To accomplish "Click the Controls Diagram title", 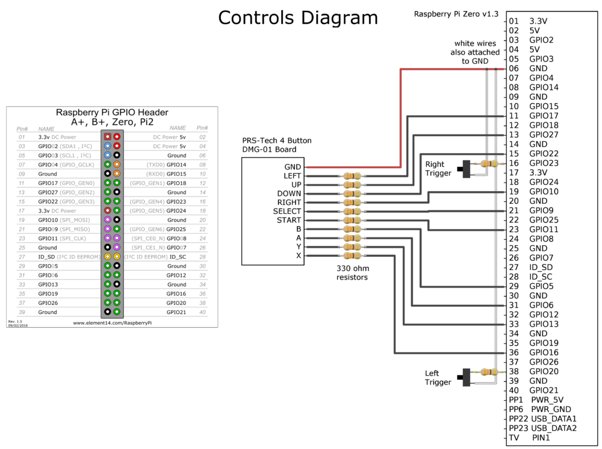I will (x=297, y=17).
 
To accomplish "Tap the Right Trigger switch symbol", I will (x=465, y=168).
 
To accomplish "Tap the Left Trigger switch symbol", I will (x=465, y=377).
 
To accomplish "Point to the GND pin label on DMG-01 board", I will (x=293, y=167).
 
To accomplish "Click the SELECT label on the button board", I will (x=287, y=212).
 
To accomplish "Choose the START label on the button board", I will (x=290, y=220).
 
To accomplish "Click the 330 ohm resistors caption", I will (x=352, y=273).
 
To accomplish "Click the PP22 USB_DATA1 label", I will (x=542, y=419).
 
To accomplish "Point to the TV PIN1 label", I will (x=530, y=438).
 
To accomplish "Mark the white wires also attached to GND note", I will (x=476, y=52).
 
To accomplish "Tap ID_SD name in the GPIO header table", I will (x=48, y=257).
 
